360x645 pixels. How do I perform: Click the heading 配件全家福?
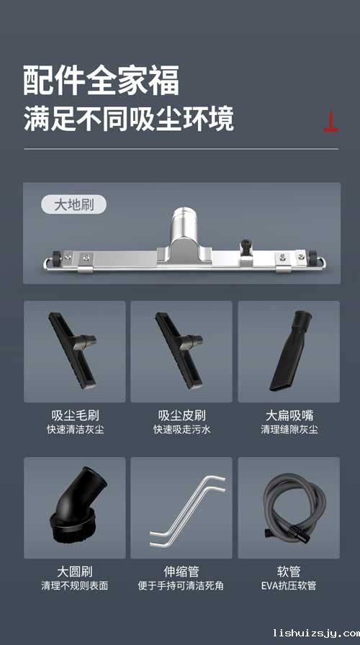(101, 81)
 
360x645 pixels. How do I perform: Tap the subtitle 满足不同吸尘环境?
(129, 118)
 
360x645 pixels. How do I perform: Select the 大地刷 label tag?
(73, 204)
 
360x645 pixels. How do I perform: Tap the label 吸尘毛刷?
(75, 415)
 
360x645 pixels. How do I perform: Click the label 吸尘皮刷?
(181, 415)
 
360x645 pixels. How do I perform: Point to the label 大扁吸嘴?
(289, 415)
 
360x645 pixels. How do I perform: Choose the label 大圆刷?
(75, 572)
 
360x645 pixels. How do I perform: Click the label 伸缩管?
(181, 572)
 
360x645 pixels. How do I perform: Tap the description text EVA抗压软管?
(289, 586)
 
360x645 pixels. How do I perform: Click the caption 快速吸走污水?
(181, 430)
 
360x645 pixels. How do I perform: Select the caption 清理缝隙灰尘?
(289, 430)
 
